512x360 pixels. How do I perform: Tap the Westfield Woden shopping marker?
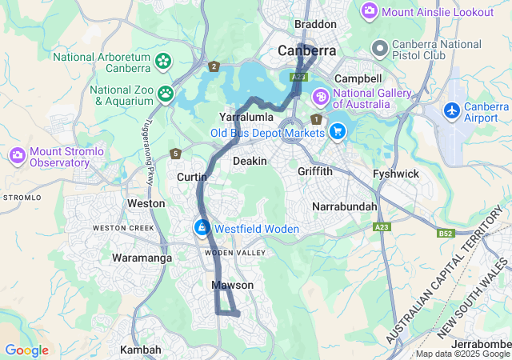pyautogui.click(x=202, y=229)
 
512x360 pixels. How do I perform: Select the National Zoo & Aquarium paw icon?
pyautogui.click(x=166, y=94)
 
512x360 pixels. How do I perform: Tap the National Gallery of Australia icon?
pyautogui.click(x=320, y=98)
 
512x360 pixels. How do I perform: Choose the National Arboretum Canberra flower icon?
pyautogui.click(x=163, y=60)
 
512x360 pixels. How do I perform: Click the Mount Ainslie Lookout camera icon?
pyautogui.click(x=370, y=11)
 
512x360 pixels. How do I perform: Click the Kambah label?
pyautogui.click(x=140, y=350)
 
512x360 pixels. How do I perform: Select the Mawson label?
pyautogui.click(x=233, y=285)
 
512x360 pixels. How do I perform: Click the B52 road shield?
pyautogui.click(x=446, y=234)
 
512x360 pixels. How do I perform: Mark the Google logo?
pyautogui.click(x=26, y=350)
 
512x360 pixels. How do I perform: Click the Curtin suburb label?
pyautogui.click(x=192, y=176)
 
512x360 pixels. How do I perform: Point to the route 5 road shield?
pyautogui.click(x=175, y=153)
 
